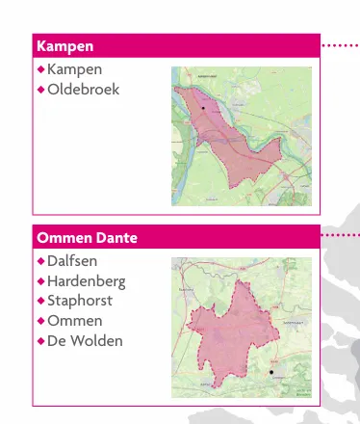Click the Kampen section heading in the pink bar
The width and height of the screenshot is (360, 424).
pos(64,45)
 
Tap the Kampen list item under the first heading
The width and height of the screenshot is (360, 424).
pos(74,70)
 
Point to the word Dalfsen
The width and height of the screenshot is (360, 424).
pos(72,261)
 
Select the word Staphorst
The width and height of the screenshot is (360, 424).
pos(80,301)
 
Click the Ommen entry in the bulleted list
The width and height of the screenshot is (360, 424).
pos(74,321)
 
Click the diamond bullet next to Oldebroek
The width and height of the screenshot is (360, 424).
pos(40,90)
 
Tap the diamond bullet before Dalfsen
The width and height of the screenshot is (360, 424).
pos(40,261)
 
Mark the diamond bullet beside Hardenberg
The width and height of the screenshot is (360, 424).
pos(40,281)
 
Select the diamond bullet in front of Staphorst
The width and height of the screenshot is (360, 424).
pos(40,301)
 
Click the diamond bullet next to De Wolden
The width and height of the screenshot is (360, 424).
pos(40,341)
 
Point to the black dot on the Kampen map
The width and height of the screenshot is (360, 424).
pos(203,109)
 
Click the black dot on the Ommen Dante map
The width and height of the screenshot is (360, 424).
pos(271,371)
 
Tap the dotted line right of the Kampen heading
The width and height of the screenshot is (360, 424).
pos(341,45)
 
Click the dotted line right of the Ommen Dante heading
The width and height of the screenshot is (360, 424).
pos(341,234)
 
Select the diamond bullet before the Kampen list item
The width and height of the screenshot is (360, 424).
pos(40,70)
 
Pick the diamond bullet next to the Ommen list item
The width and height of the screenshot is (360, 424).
pos(40,321)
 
